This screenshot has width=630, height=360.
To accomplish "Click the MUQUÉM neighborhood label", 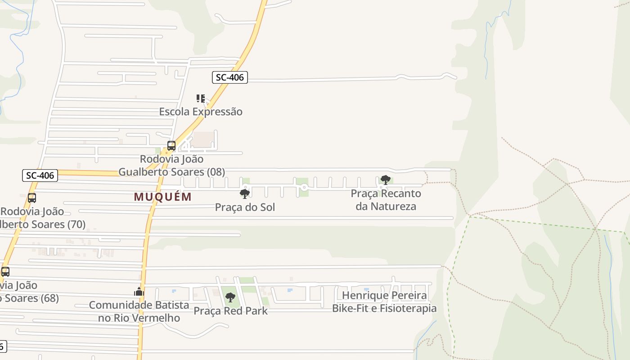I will (163, 197).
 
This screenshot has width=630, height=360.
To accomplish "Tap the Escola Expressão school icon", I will (201, 98).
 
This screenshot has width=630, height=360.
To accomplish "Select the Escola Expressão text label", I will (201, 112).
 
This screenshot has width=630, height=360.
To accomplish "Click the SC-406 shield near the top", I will (230, 77).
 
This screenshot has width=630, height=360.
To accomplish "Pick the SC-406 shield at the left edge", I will (40, 175).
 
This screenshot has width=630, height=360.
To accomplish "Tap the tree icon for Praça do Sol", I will (245, 194).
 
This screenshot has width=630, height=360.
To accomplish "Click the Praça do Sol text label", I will (245, 207).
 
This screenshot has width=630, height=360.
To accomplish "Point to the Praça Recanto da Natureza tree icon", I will (385, 180).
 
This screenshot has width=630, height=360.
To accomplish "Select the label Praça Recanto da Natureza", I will (386, 200).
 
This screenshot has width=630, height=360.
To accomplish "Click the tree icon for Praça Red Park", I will (230, 297).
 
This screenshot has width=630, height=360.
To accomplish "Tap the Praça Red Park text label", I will (230, 310).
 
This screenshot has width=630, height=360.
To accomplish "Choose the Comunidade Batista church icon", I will (139, 292).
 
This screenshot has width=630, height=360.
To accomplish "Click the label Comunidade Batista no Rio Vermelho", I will (139, 311).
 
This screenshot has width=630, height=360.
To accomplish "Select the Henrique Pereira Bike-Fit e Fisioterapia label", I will (384, 301).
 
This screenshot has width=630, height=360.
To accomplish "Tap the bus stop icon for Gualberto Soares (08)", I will (171, 146).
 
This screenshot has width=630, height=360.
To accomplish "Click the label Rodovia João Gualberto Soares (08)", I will (171, 165).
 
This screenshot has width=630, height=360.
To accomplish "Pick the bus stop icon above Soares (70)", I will (32, 198).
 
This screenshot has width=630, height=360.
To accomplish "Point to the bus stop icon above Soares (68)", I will (5, 272).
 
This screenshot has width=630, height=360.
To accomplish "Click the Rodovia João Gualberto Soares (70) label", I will (43, 218).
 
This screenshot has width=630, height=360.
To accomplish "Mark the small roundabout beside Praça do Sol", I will (246, 187).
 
